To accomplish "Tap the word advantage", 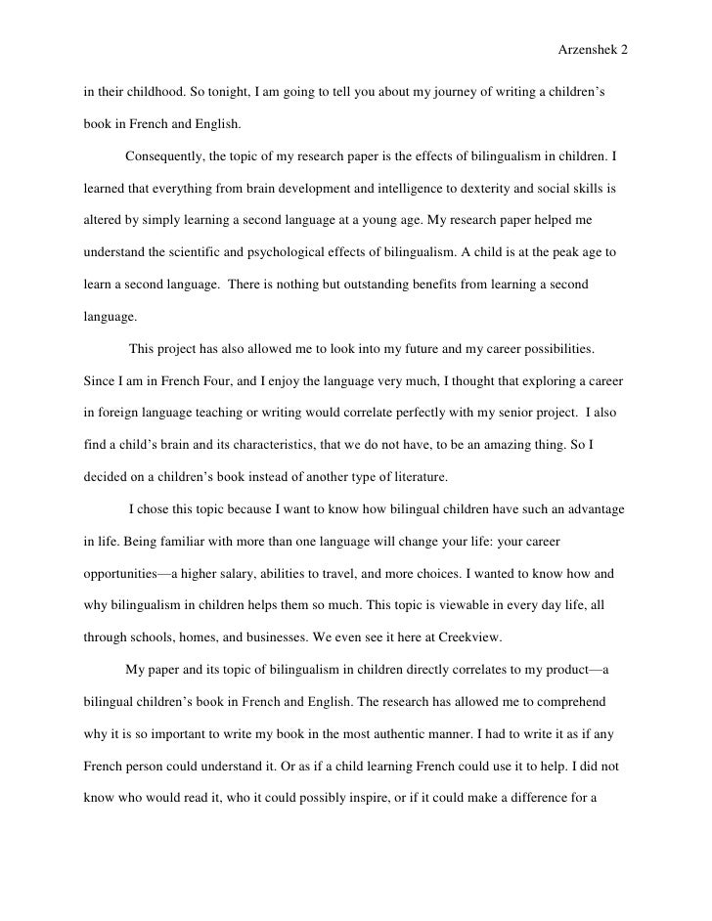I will pyautogui.click(x=589, y=511).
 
